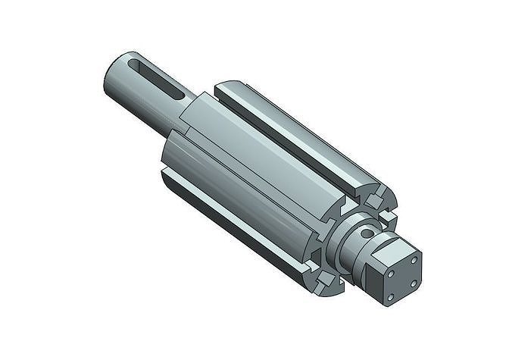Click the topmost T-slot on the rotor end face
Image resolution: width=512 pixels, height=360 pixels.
coord(376,199)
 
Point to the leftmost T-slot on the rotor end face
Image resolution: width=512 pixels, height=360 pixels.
coord(313,250)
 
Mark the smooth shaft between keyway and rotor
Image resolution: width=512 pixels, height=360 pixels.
coord(189,114)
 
